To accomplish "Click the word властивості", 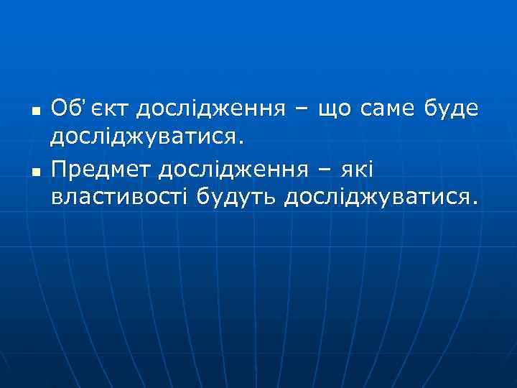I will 119,195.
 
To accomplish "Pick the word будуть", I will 236,195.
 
